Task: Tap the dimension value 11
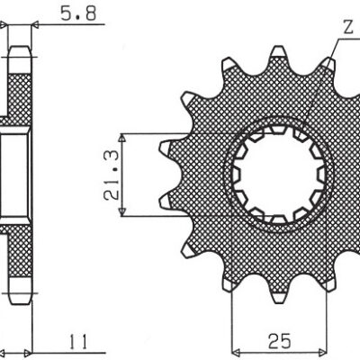(x=77, y=343)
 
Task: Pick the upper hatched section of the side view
(x=19, y=90)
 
